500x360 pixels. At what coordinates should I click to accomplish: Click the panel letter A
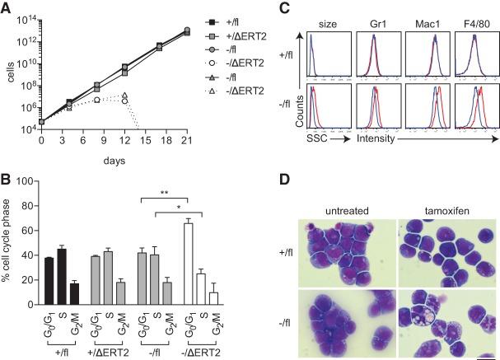point(7,7)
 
